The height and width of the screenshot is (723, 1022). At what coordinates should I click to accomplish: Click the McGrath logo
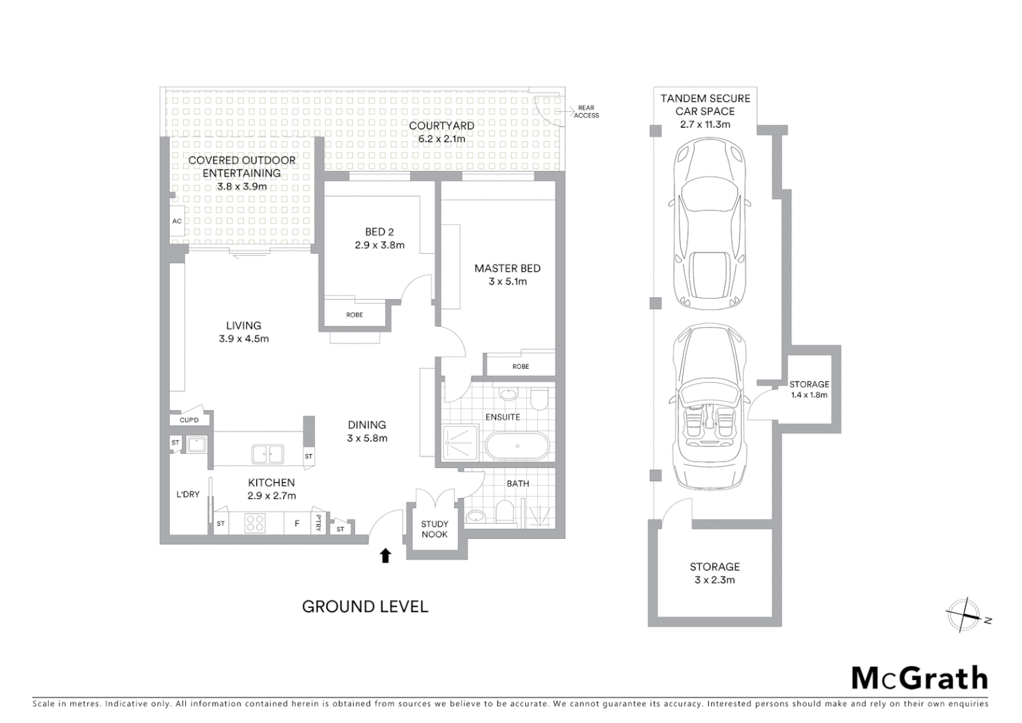pyautogui.click(x=920, y=678)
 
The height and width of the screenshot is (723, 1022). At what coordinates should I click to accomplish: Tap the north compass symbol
pyautogui.click(x=964, y=615)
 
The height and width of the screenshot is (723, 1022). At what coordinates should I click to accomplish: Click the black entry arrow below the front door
pyautogui.click(x=385, y=555)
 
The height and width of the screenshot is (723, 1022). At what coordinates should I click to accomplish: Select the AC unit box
pyautogui.click(x=177, y=221)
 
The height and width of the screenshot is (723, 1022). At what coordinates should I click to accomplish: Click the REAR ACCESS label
pyautogui.click(x=586, y=112)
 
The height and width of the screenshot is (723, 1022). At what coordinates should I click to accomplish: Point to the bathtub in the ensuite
pyautogui.click(x=516, y=447)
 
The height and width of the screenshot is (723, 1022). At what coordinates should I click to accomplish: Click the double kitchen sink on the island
pyautogui.click(x=268, y=454)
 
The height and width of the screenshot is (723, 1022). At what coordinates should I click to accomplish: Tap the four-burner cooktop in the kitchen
pyautogui.click(x=255, y=523)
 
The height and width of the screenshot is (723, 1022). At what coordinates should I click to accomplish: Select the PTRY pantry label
pyautogui.click(x=318, y=523)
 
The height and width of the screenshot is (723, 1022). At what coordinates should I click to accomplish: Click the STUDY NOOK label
pyautogui.click(x=435, y=530)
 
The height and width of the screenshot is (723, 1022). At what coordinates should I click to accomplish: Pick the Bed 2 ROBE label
pyautogui.click(x=354, y=315)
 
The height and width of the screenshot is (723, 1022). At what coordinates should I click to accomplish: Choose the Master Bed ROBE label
pyautogui.click(x=520, y=366)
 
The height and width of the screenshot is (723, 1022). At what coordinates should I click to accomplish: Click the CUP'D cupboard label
pyautogui.click(x=189, y=420)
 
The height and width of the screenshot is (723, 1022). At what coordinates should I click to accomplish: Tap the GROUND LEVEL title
pyautogui.click(x=365, y=607)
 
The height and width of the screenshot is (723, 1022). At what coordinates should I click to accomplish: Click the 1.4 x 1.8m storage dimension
pyautogui.click(x=809, y=395)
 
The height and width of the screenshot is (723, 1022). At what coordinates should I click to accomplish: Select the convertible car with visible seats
pyautogui.click(x=706, y=408)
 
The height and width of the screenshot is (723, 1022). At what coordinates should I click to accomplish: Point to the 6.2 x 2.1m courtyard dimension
pyautogui.click(x=441, y=139)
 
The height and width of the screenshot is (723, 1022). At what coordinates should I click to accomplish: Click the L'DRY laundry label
pyautogui.click(x=188, y=494)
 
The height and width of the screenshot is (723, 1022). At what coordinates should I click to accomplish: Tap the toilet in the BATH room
pyautogui.click(x=504, y=513)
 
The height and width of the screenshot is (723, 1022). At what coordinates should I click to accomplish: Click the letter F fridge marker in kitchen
pyautogui.click(x=297, y=524)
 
